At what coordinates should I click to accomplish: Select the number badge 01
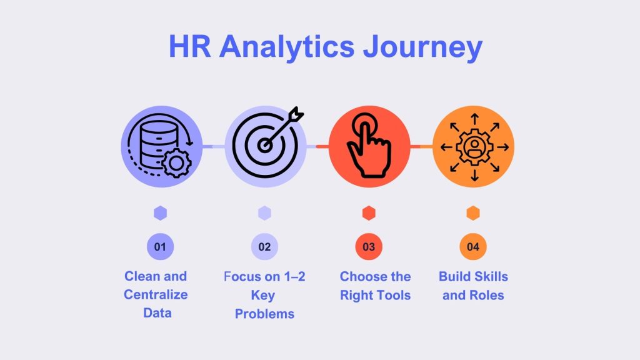[x=161, y=247]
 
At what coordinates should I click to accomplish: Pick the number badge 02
[x=264, y=247]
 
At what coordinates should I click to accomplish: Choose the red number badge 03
[x=369, y=247]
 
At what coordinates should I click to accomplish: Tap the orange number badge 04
[x=473, y=247]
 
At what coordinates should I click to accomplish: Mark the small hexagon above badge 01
[x=161, y=213]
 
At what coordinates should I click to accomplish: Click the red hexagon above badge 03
[x=369, y=213]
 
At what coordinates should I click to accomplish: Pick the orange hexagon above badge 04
[x=473, y=213]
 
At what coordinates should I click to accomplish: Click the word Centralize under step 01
[x=156, y=294]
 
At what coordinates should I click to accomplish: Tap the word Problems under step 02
[x=264, y=314]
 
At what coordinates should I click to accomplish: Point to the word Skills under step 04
[x=491, y=276]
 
